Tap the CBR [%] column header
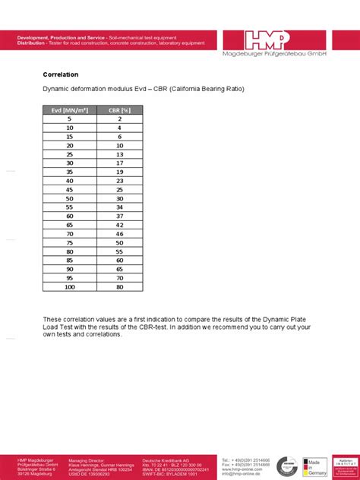pyautogui.click(x=119, y=109)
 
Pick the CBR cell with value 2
pyautogui.click(x=119, y=118)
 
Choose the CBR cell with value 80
pyautogui.click(x=119, y=287)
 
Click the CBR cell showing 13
pyautogui.click(x=119, y=154)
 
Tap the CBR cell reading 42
pyautogui.click(x=119, y=225)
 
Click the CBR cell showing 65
pyautogui.click(x=119, y=269)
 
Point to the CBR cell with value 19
pyautogui.click(x=119, y=172)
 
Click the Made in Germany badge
pyautogui.click(x=314, y=466)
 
